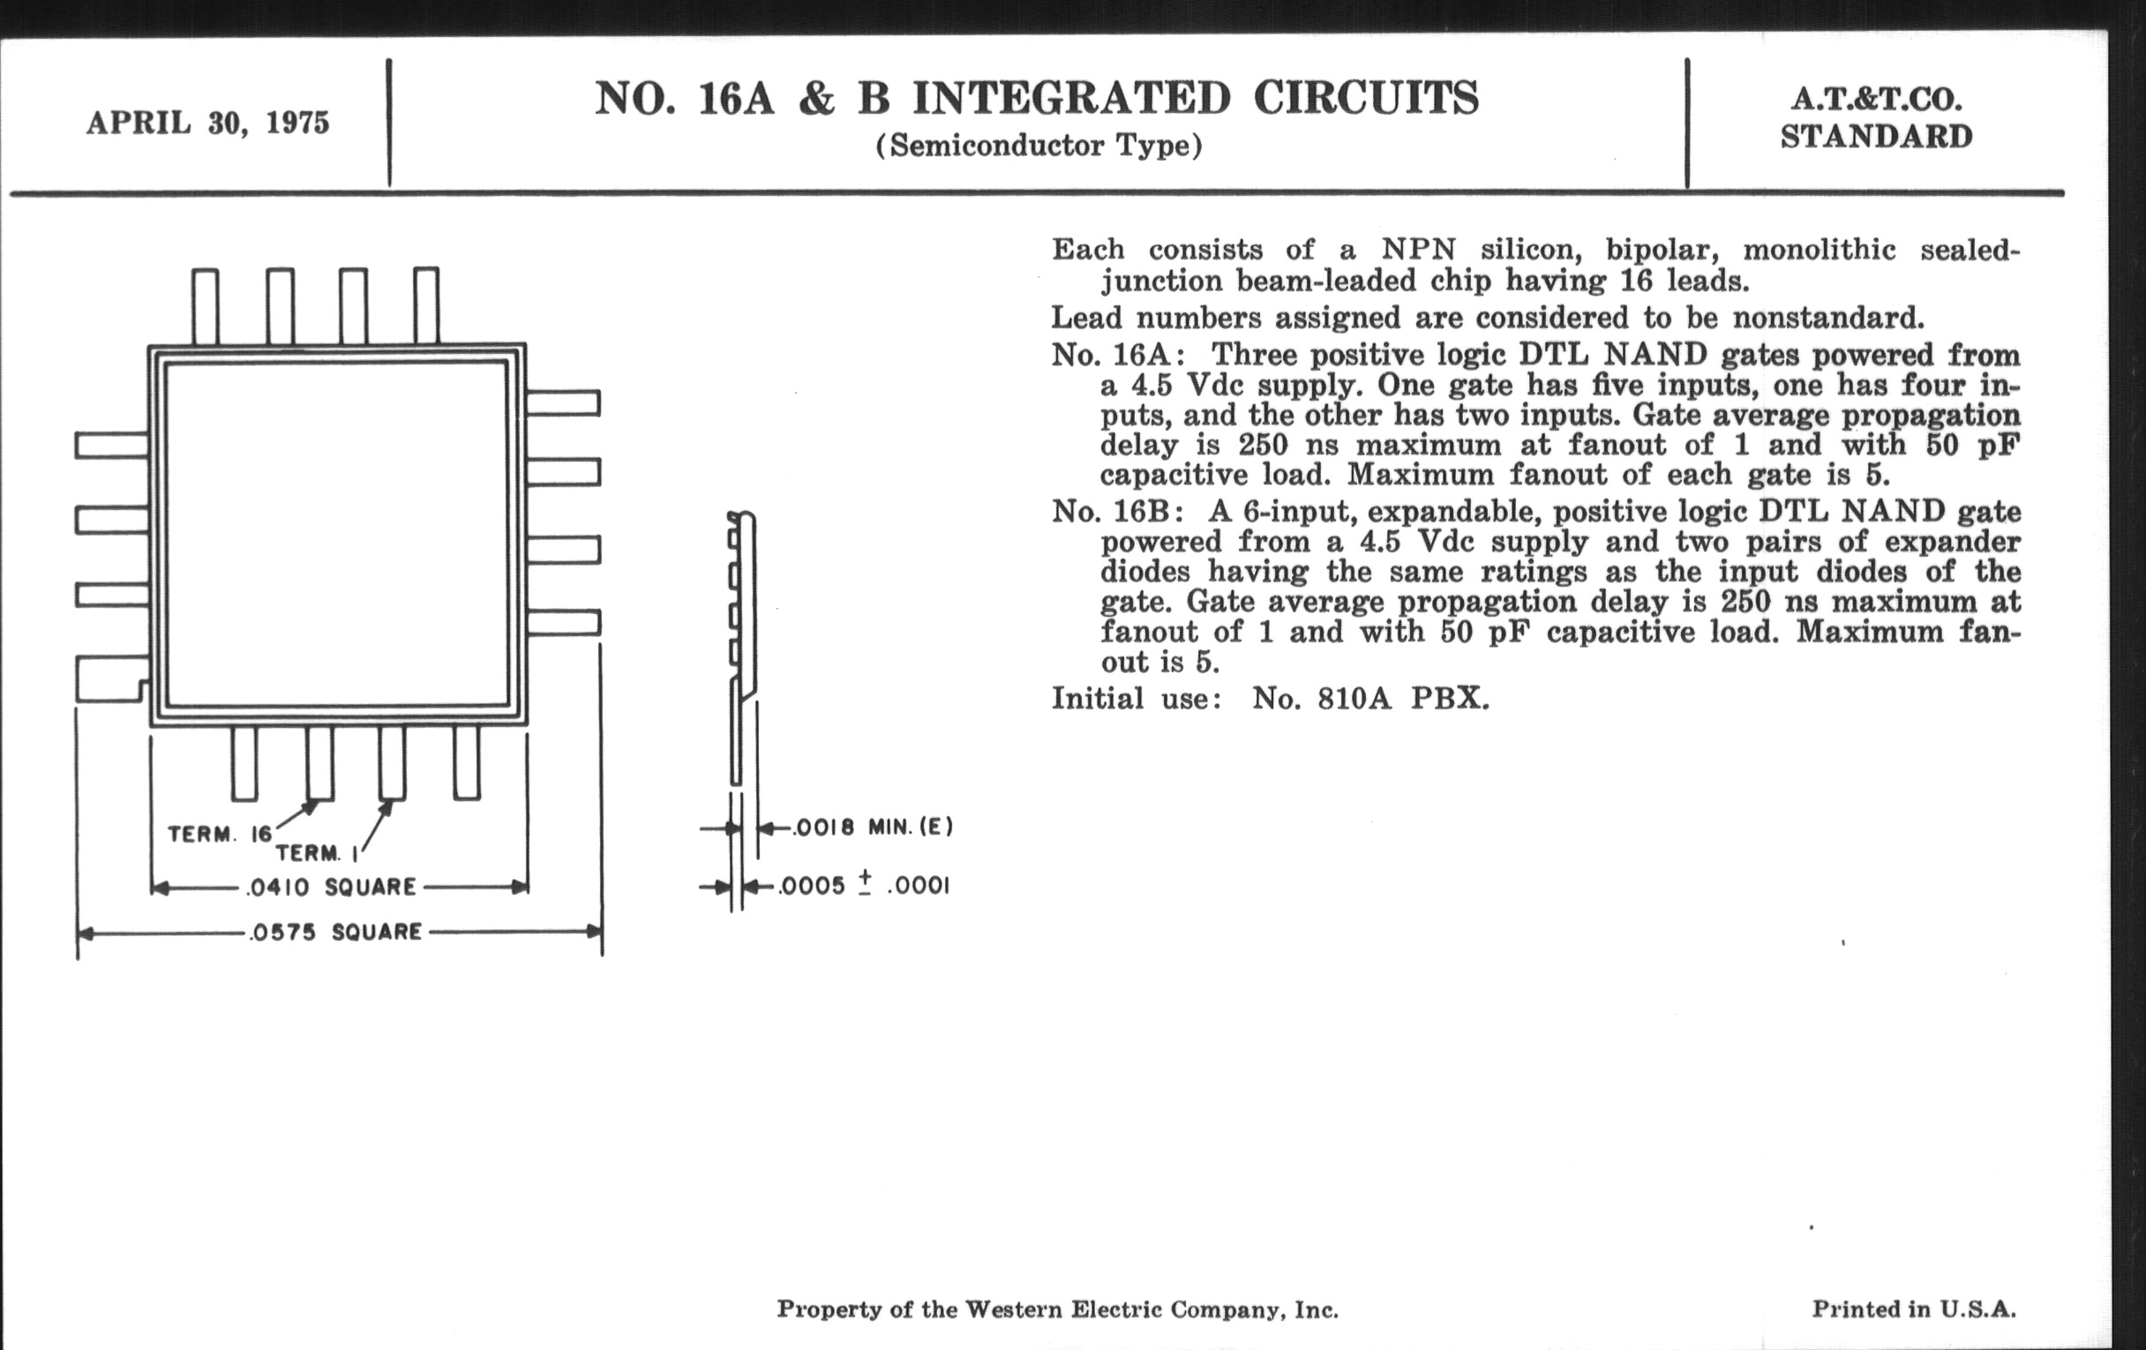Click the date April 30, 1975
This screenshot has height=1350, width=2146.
[x=207, y=123]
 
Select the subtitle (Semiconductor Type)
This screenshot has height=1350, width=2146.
[x=1039, y=146]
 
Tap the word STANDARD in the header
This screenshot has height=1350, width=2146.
[x=1876, y=138]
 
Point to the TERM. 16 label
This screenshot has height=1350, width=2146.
[x=219, y=835]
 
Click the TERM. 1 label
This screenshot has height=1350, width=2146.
[x=317, y=853]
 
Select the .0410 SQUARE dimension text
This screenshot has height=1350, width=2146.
[x=331, y=888]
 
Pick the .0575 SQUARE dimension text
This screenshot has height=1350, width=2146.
[x=336, y=933]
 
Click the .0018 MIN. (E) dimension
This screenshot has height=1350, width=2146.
[x=874, y=828]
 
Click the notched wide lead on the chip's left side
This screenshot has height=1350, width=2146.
[x=110, y=679]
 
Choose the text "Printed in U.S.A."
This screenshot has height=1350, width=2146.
[x=1913, y=1309]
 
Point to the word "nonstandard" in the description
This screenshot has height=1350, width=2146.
[x=1827, y=319]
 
